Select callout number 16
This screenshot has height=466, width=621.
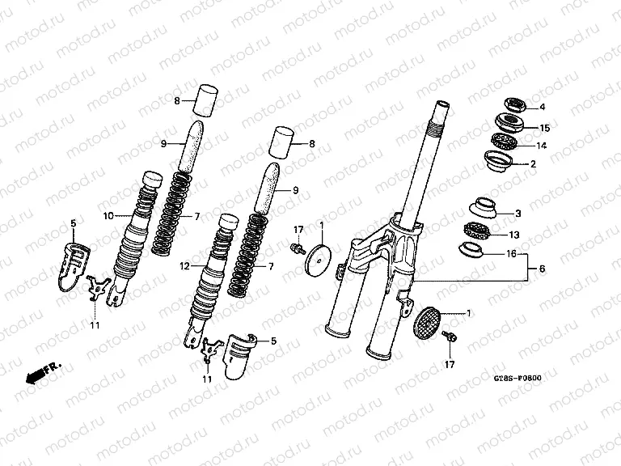pos(510,253)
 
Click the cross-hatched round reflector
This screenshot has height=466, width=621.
pos(429,320)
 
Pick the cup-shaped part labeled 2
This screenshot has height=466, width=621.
pos(499,161)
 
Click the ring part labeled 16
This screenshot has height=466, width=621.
pos(473,249)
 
